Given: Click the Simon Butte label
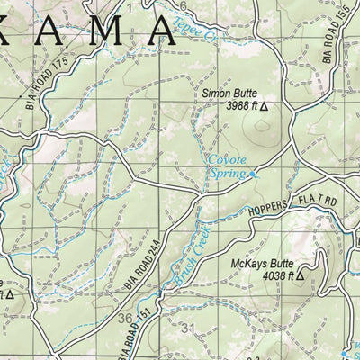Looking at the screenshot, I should (229, 93).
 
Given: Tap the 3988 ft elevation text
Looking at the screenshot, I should (237, 106).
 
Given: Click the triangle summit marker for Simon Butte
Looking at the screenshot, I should (264, 106).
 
